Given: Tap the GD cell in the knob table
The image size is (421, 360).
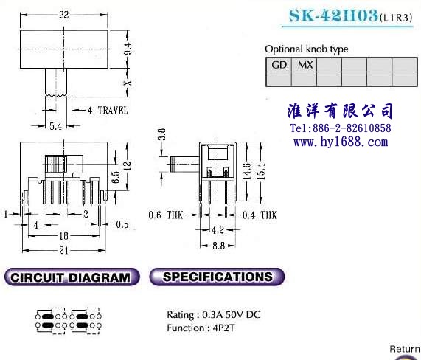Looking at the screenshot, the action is tap(279, 65).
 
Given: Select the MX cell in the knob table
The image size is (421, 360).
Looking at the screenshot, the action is tap(305, 65).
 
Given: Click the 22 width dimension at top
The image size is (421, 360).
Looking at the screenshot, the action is tap(64, 15).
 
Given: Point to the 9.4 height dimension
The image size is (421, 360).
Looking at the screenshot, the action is tap(128, 49).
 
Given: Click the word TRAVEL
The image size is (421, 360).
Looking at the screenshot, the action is tap(113, 111).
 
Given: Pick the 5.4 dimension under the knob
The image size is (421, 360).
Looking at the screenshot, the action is tap(55, 126).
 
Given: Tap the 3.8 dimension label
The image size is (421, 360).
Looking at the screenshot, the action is tap(161, 134).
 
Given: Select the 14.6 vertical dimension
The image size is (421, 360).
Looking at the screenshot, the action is tap(246, 171).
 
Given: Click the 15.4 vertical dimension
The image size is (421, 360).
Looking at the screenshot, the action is tap(260, 171).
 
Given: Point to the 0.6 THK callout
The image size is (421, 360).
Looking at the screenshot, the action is tap(166, 215).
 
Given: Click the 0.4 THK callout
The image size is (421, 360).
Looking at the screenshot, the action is tap(260, 215).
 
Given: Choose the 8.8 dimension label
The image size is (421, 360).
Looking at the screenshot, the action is tap(218, 246).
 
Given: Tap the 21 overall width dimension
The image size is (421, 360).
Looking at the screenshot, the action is tap(63, 250).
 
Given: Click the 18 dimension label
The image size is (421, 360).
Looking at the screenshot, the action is tap(63, 236).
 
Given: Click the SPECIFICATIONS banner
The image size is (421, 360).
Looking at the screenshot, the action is tap(217, 277).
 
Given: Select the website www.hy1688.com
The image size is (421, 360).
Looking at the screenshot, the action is tap(341, 142).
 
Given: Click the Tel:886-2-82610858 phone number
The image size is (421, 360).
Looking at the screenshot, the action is tap(341, 128).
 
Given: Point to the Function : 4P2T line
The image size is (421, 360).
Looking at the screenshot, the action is tap(201, 328).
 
